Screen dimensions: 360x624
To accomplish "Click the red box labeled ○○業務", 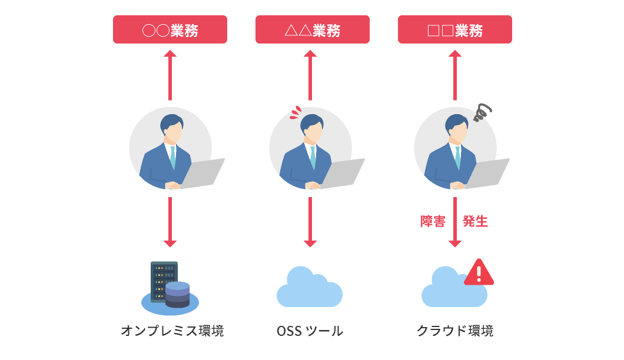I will coord(170,29).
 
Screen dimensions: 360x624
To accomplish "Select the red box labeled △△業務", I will coord(312,29).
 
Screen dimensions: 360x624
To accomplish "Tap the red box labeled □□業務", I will coord(454,29).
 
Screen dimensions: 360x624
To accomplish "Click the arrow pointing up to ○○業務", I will coord(170,75).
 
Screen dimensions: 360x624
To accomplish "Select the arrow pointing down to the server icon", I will coord(170,222).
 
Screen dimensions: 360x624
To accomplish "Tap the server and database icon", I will coord(170,286).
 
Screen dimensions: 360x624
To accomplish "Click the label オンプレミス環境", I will coord(172,331).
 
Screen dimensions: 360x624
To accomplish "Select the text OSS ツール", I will coord(310,331).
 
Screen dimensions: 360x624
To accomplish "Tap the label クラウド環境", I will coord(454,331).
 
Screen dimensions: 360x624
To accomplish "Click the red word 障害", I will coord(433,222).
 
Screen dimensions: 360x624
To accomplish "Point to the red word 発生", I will coord(475,222).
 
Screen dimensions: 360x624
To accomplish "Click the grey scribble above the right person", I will coord(483,112).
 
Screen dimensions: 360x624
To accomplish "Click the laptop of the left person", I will coord(203,172).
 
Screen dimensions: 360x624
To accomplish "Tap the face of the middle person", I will coord(313,134).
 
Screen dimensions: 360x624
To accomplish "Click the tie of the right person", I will coord(457,158).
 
